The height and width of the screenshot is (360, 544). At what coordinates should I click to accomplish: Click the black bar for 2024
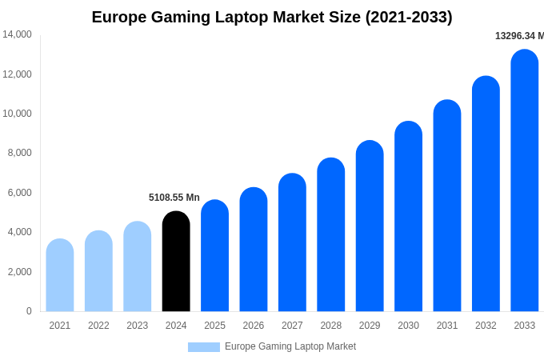point(176,262)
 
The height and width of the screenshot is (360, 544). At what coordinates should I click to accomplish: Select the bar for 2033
point(525,181)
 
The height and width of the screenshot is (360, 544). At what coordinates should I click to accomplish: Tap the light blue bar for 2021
point(60,275)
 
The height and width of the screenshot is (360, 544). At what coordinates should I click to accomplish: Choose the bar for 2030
point(408,217)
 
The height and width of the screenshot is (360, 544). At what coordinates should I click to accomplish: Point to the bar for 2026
point(254,250)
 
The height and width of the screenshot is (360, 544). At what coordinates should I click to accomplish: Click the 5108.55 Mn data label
point(174,198)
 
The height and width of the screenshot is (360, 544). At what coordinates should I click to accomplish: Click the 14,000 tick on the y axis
point(17,34)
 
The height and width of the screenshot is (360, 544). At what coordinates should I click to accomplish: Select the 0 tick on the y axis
point(29,311)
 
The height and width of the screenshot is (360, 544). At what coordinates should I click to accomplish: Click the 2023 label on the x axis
point(138,326)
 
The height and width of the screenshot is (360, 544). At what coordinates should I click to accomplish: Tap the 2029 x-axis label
point(370,326)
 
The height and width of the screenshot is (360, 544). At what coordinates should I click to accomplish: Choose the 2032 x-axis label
point(486,326)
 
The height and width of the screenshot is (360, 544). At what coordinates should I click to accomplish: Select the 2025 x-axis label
point(214,326)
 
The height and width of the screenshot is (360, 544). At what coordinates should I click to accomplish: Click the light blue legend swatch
point(204,347)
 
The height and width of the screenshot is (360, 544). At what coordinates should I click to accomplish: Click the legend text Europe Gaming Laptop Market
point(290,346)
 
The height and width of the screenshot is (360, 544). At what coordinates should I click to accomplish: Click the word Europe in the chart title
point(118,17)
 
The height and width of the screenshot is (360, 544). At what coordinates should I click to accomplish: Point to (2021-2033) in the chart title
point(409,17)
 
